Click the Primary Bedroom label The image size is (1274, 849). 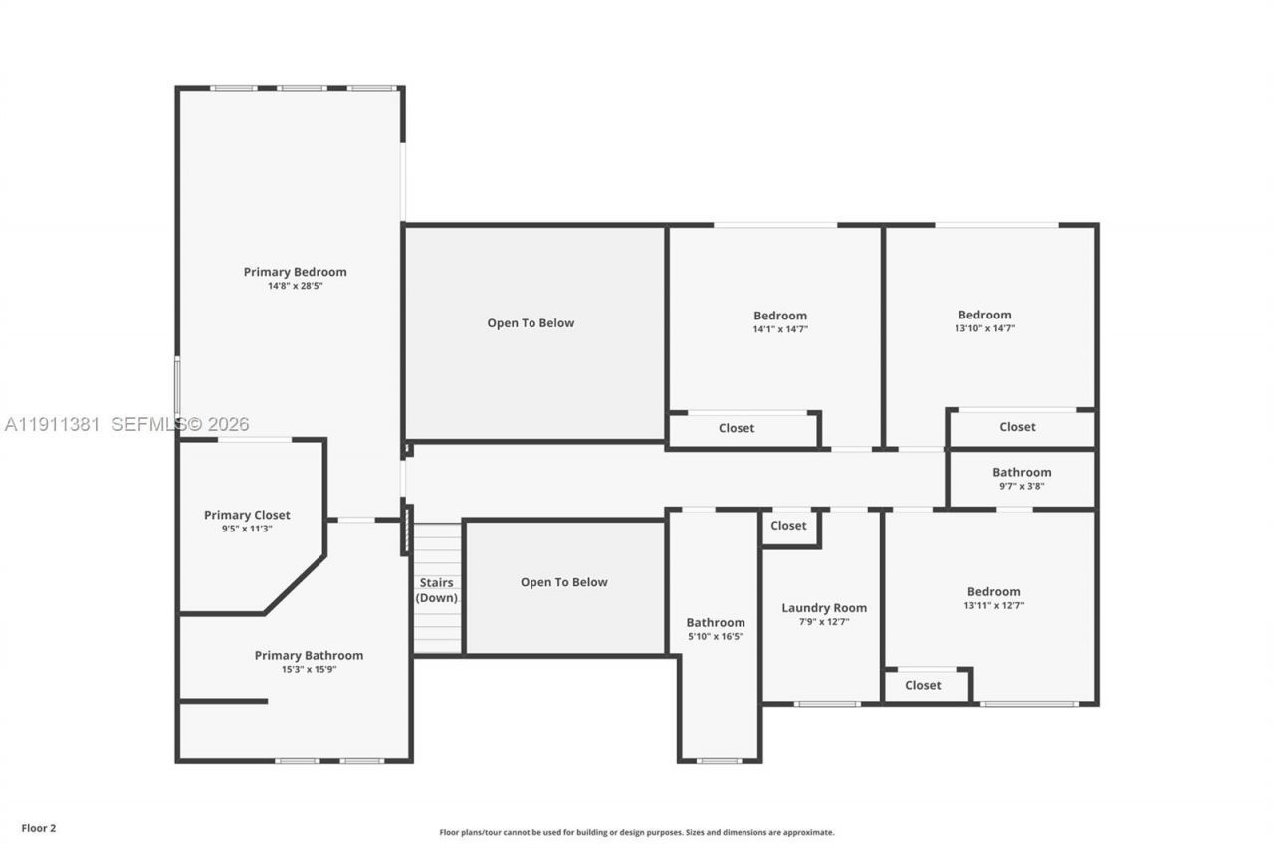pyautogui.click(x=295, y=272)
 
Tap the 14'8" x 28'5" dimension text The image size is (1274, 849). pyautogui.click(x=295, y=286)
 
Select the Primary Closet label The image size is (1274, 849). pyautogui.click(x=247, y=515)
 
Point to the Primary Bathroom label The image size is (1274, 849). pyautogui.click(x=309, y=655)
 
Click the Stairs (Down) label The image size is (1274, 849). pyautogui.click(x=436, y=590)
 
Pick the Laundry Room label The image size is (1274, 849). pyautogui.click(x=824, y=608)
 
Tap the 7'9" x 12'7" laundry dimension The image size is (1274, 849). pyautogui.click(x=824, y=622)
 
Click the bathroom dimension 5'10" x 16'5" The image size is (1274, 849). pyautogui.click(x=715, y=637)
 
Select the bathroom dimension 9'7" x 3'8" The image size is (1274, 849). pyautogui.click(x=1021, y=487)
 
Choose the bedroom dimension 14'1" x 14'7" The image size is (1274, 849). pyautogui.click(x=780, y=329)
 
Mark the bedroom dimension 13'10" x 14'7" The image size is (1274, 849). pyautogui.click(x=984, y=328)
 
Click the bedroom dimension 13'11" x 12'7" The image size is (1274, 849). pyautogui.click(x=993, y=605)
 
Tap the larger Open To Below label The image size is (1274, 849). pyautogui.click(x=531, y=323)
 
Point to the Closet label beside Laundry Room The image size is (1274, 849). pyautogui.click(x=788, y=526)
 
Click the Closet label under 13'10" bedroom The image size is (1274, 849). pyautogui.click(x=1017, y=427)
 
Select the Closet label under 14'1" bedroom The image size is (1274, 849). pyautogui.click(x=737, y=428)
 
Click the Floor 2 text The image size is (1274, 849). pyautogui.click(x=39, y=828)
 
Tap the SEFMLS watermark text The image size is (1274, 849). pyautogui.click(x=179, y=424)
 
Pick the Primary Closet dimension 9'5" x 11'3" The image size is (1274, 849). pyautogui.click(x=247, y=529)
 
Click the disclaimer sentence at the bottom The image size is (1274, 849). pyautogui.click(x=637, y=832)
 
